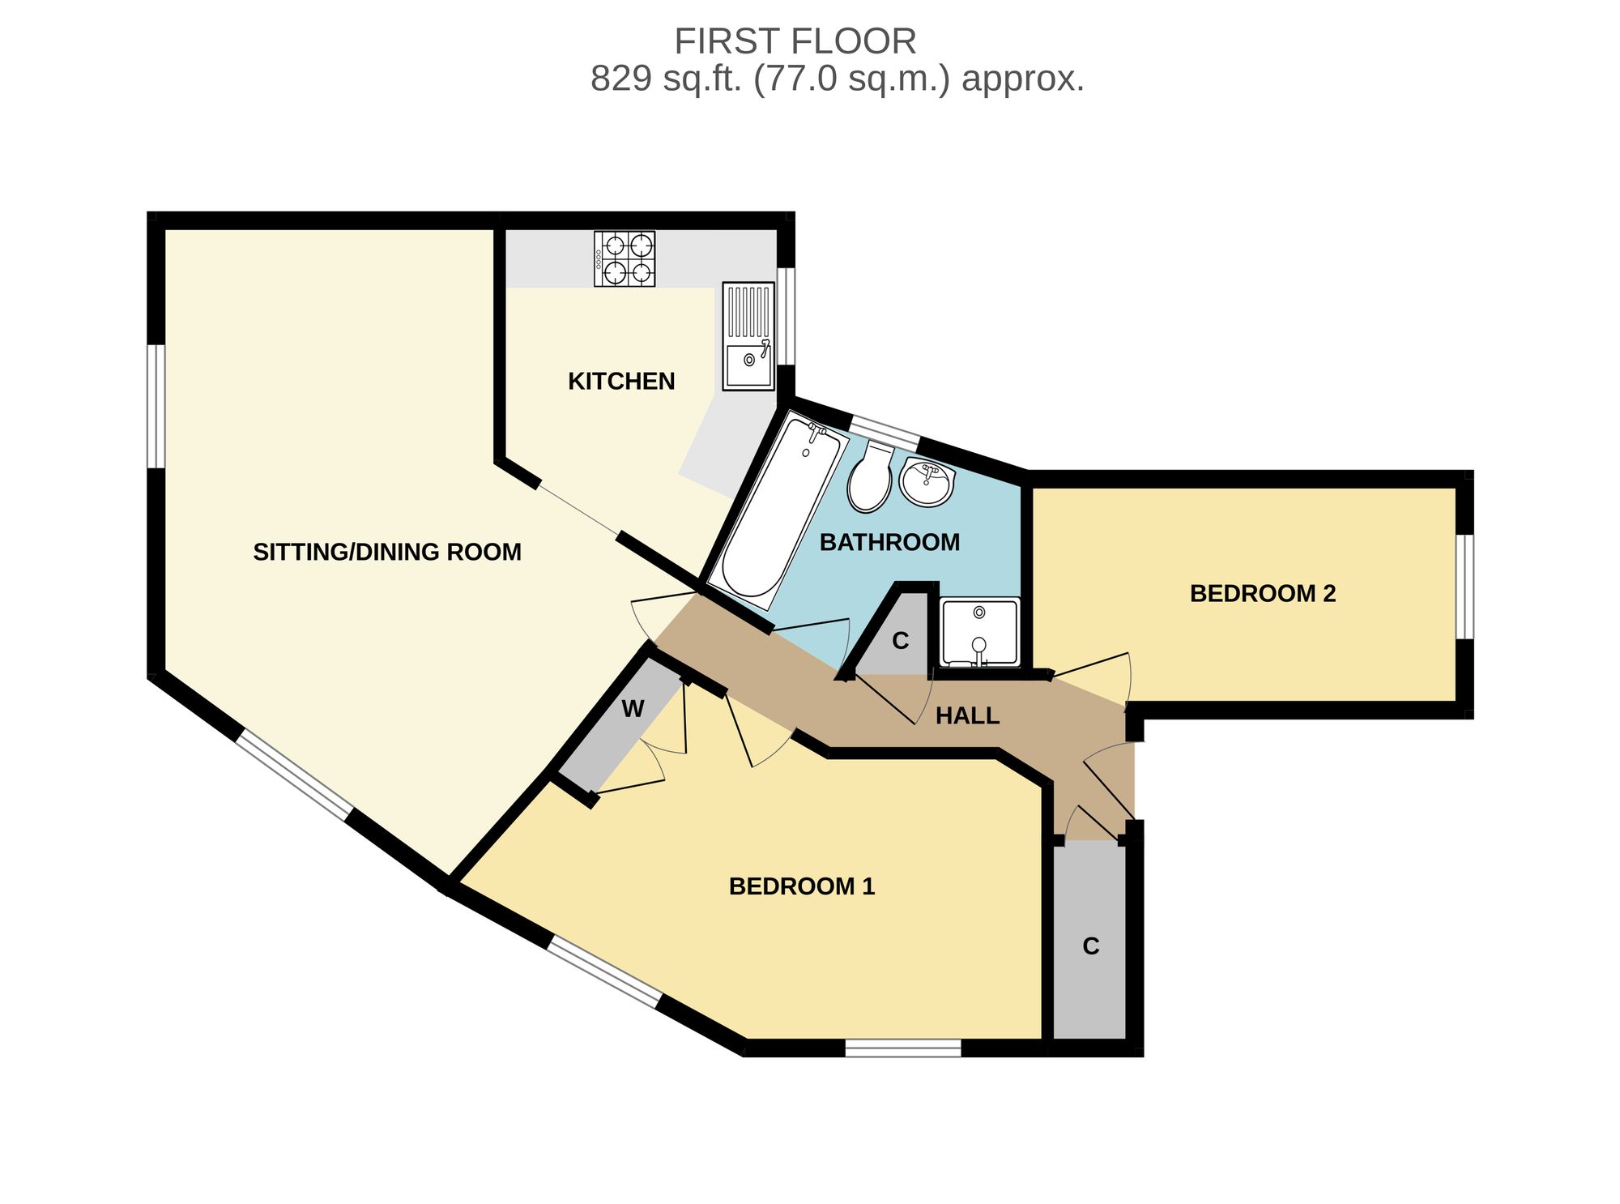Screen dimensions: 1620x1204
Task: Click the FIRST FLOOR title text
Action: tap(795, 41)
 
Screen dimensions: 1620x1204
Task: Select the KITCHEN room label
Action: tap(621, 381)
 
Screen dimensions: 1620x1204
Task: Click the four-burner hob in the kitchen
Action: tap(625, 258)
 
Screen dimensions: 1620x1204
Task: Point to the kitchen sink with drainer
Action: tap(748, 336)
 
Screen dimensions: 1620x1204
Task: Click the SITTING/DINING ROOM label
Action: tap(387, 552)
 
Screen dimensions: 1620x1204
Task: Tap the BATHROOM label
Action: tap(889, 542)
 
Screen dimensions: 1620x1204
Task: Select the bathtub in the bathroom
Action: tap(778, 510)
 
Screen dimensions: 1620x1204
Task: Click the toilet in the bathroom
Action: tap(870, 477)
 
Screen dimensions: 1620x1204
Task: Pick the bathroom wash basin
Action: tap(927, 481)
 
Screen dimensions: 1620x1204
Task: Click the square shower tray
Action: tap(980, 633)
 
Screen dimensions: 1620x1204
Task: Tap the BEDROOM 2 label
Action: tap(1263, 593)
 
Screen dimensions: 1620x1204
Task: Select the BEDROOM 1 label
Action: tap(802, 886)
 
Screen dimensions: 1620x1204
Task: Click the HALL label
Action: tap(967, 715)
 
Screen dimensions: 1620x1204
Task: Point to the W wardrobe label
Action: tap(633, 709)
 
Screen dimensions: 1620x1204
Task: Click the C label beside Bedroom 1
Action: tap(1091, 946)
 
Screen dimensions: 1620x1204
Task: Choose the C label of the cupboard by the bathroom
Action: tap(901, 641)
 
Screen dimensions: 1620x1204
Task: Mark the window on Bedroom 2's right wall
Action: tap(1464, 587)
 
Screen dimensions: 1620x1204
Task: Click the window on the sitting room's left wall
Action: tap(156, 406)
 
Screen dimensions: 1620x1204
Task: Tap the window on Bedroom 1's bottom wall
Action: tap(903, 1048)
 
